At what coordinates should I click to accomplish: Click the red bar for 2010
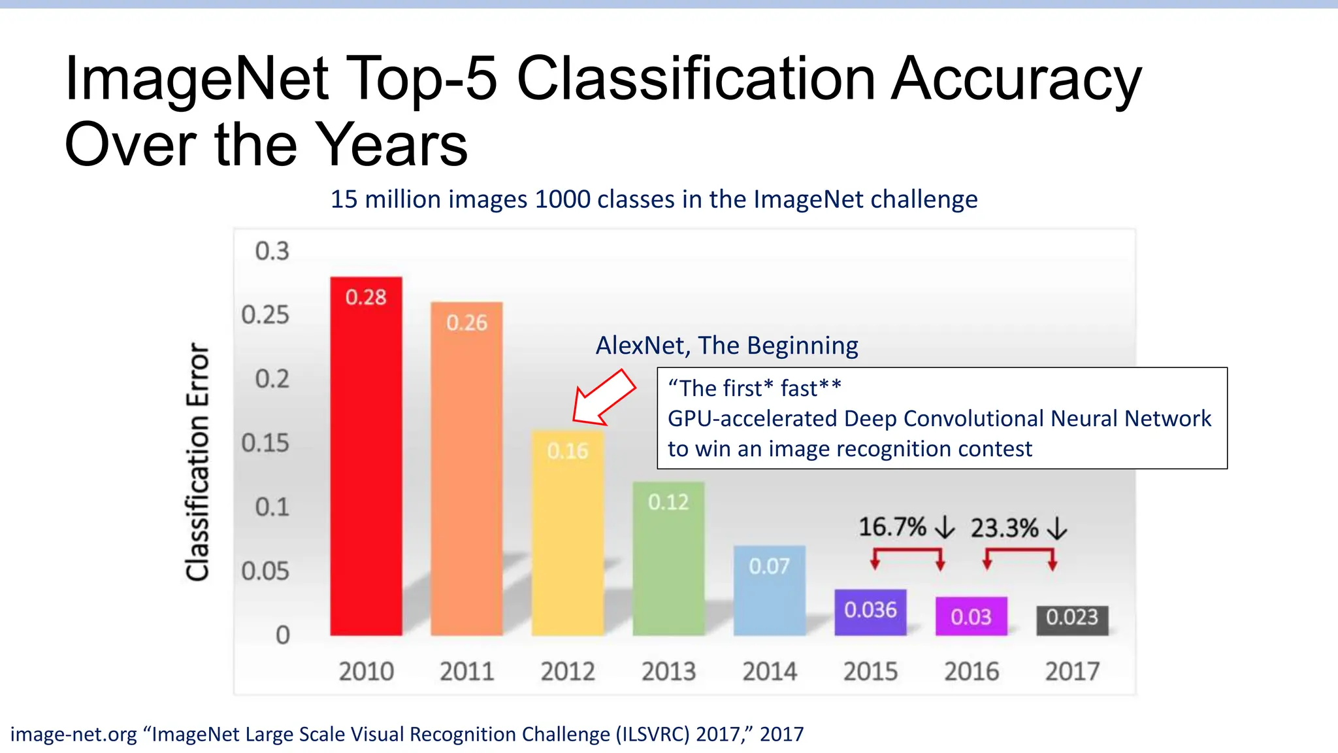[366, 458]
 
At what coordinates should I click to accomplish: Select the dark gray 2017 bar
[1072, 620]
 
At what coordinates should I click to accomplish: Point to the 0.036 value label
[870, 610]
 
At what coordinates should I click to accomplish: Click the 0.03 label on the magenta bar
[971, 616]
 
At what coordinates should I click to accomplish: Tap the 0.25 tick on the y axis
[265, 315]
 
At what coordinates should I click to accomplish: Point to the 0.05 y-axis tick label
[265, 571]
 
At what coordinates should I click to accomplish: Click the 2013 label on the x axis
[668, 671]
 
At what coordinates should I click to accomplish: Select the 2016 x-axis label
[971, 671]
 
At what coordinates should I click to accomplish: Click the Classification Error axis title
[197, 461]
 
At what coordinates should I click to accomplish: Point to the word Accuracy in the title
[1016, 80]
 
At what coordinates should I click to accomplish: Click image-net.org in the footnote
[73, 735]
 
